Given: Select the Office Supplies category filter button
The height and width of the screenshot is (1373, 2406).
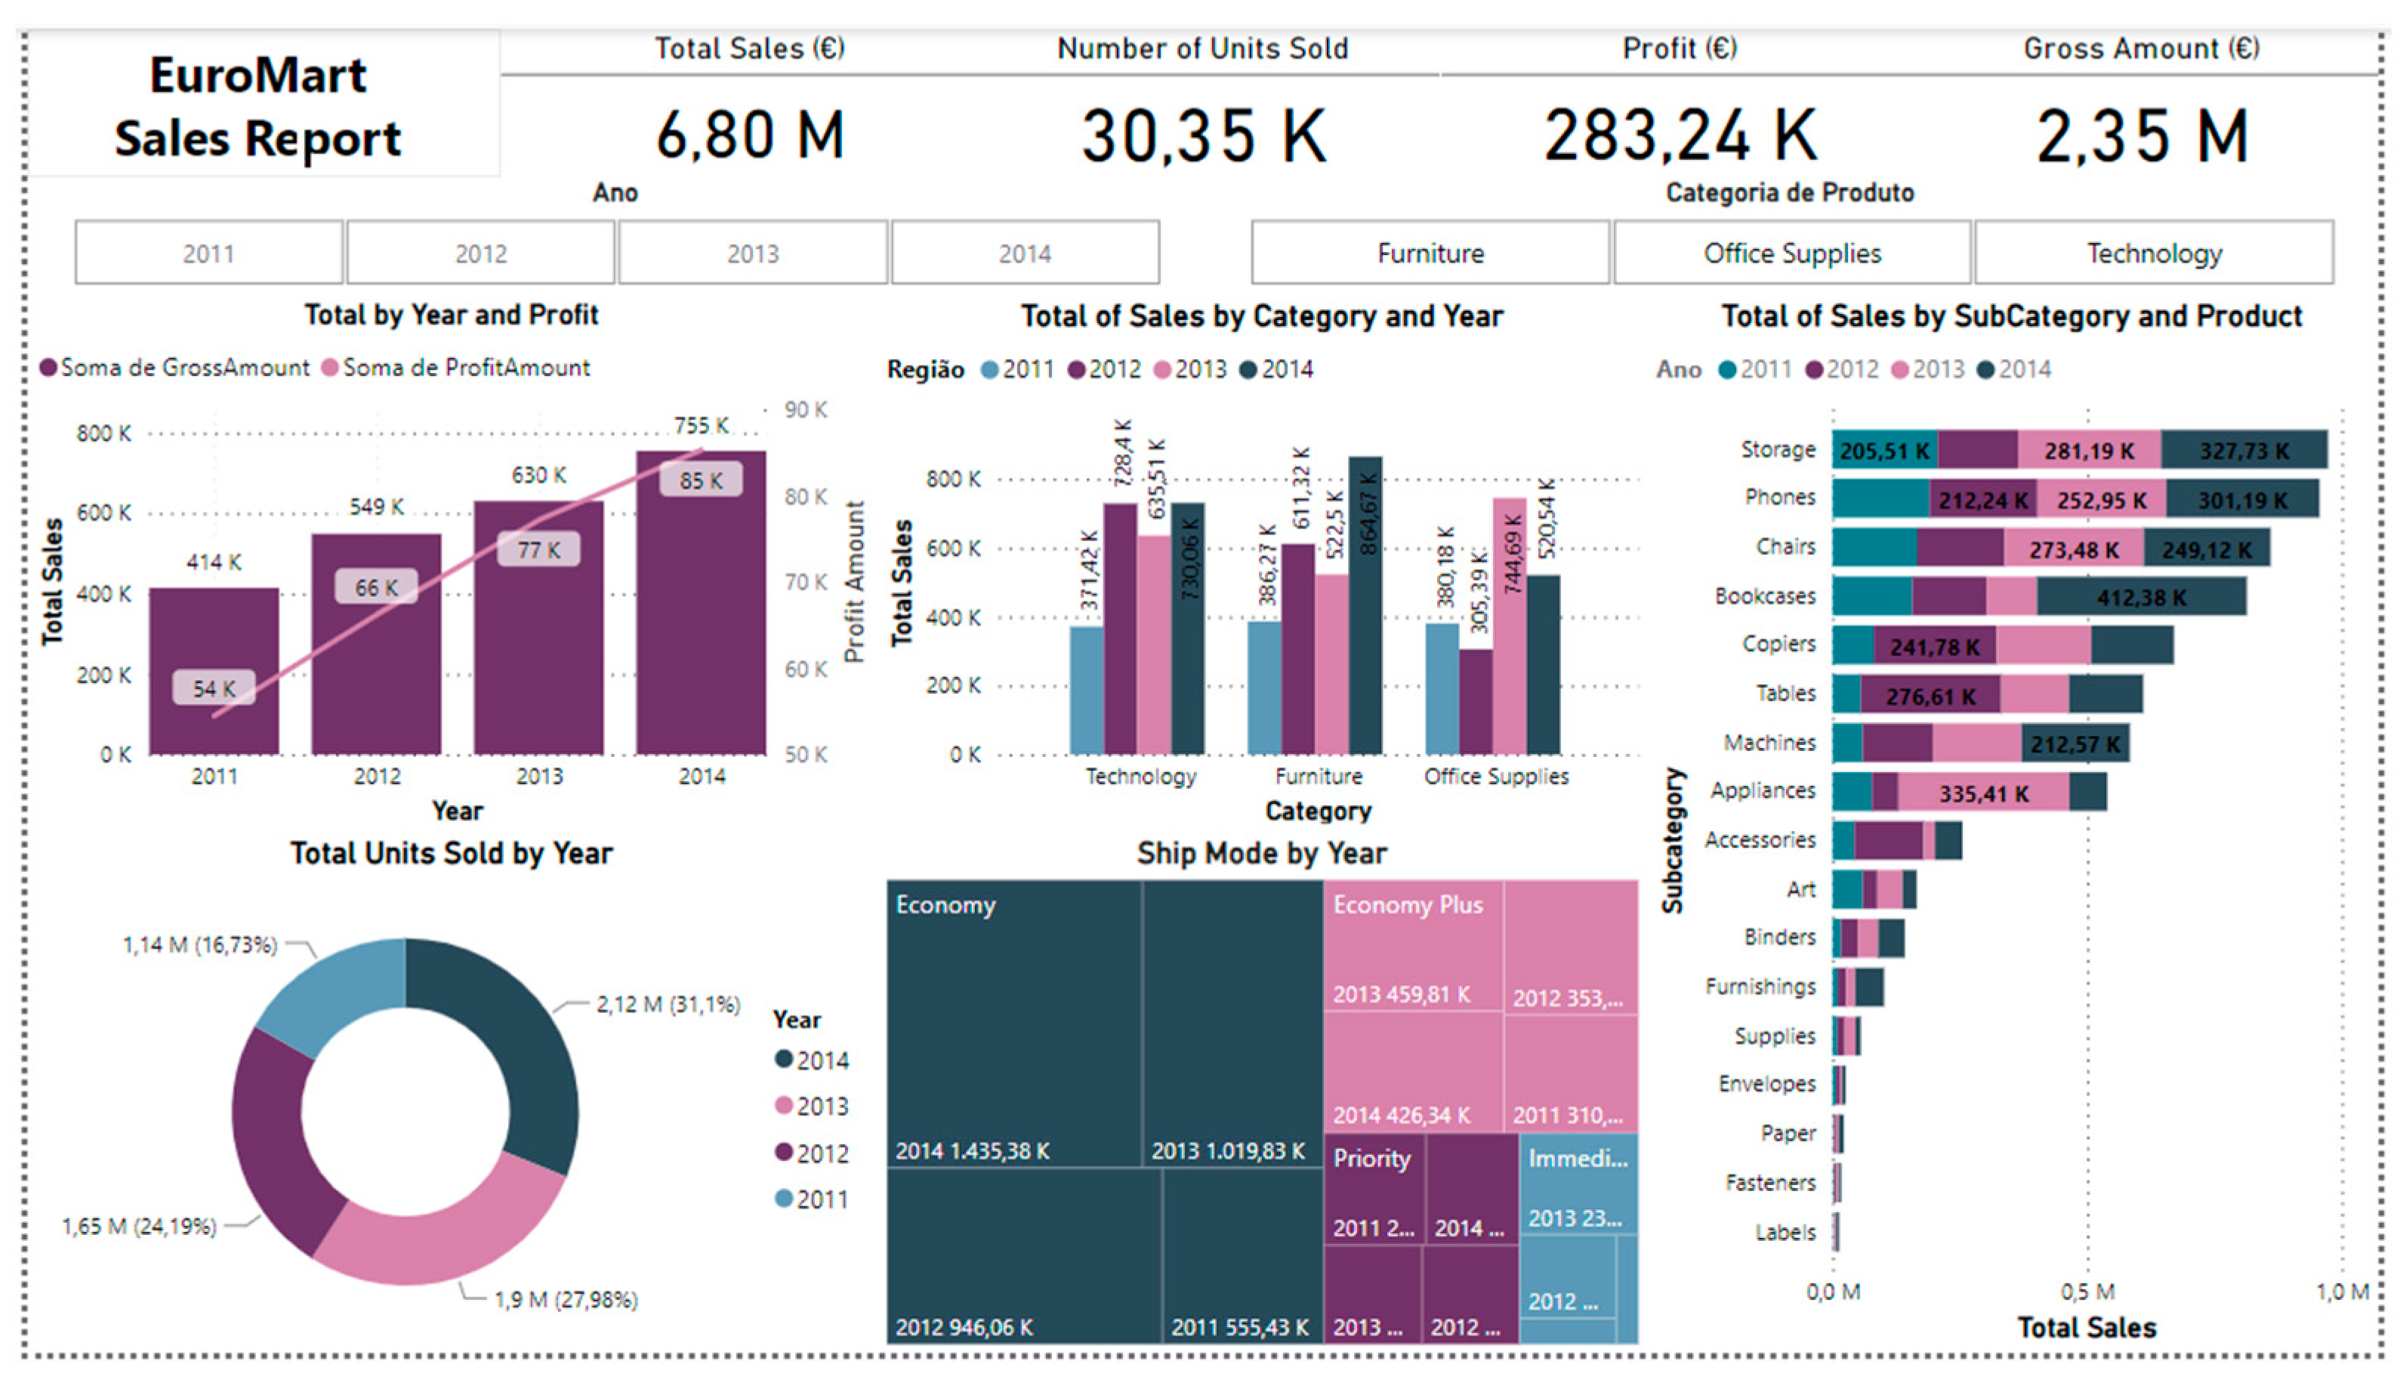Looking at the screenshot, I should point(1791,253).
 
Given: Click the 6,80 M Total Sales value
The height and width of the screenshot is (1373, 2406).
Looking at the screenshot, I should point(750,135).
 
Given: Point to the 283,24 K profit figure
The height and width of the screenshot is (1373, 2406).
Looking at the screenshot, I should point(1680,135).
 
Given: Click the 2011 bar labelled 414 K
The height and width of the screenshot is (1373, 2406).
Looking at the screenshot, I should point(214,670).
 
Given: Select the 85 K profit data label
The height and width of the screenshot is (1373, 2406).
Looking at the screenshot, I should point(701,480).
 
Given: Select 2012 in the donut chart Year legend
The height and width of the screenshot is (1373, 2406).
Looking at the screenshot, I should point(811,1153).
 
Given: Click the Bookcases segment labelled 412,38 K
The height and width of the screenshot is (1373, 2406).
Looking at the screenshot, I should point(2140,597).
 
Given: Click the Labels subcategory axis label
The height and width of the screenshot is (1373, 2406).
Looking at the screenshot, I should point(1784,1233).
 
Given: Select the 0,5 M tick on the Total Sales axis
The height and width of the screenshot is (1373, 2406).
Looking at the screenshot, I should point(2087,1291).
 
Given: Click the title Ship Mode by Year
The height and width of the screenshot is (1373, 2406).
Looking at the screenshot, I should point(1261,854).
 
